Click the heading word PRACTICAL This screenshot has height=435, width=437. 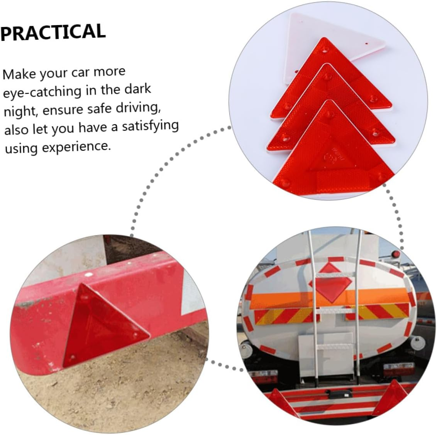pyautogui.click(x=53, y=32)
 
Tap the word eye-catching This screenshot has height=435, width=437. pyautogui.click(x=42, y=92)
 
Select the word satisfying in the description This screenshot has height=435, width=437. pyautogui.click(x=151, y=126)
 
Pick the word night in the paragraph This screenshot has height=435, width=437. pyautogui.click(x=19, y=112)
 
